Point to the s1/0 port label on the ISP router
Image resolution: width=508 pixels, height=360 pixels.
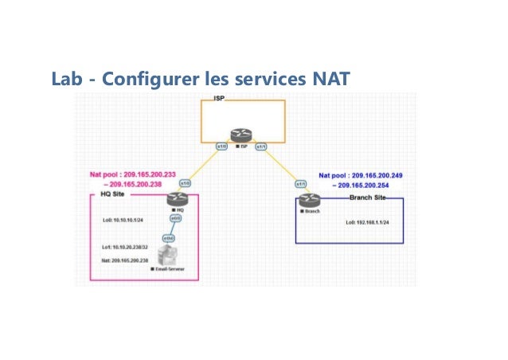tap(223, 147)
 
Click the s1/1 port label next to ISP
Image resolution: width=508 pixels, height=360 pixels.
tap(260, 147)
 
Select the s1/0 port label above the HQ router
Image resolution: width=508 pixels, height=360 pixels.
tap(185, 182)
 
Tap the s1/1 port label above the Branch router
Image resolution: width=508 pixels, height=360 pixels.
tap(301, 184)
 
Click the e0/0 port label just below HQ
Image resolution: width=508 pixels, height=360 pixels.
tap(175, 217)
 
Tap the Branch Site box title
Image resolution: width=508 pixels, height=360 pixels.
tap(370, 195)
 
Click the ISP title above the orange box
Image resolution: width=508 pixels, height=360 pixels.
tap(220, 98)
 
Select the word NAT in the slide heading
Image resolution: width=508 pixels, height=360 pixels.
tap(330, 80)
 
